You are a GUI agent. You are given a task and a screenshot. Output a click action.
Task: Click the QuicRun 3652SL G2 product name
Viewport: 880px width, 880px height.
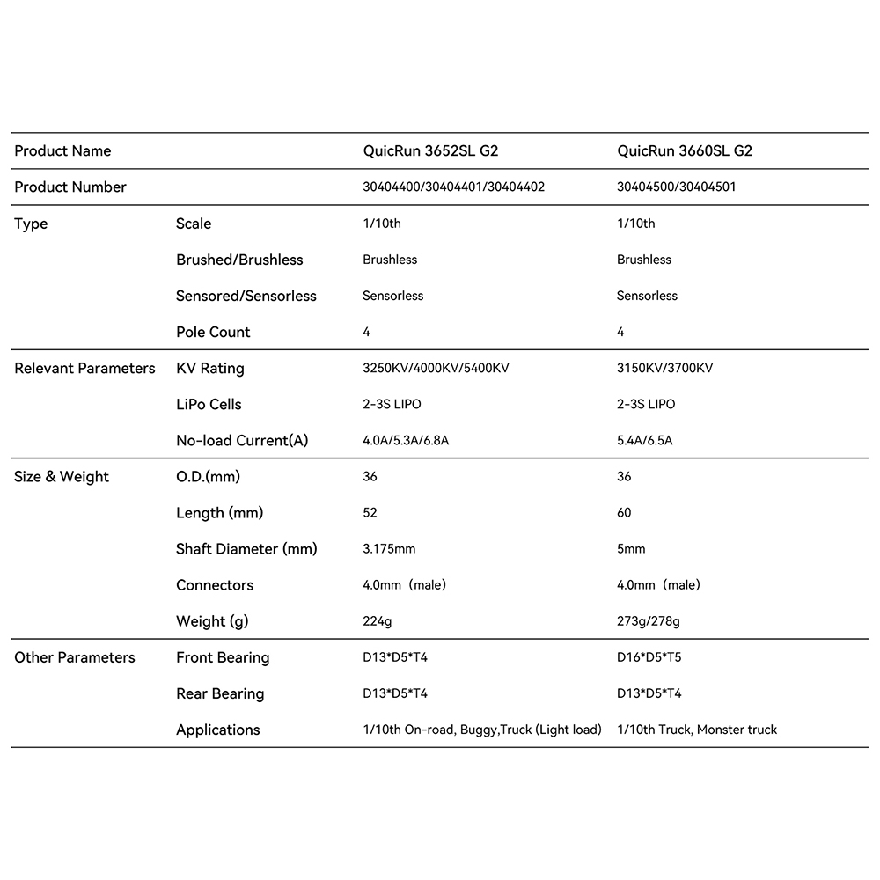click(x=430, y=150)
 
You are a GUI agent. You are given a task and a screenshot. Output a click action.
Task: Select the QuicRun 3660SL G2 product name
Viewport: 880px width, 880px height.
click(x=685, y=150)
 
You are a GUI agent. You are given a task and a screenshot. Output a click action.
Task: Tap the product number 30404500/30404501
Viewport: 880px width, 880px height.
click(x=677, y=187)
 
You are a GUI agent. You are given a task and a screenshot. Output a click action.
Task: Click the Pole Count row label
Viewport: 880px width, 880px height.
click(x=213, y=332)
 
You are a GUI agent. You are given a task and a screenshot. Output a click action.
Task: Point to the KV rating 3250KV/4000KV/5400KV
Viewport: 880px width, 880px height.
click(x=436, y=368)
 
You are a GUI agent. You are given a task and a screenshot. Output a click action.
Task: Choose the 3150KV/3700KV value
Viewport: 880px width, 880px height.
click(x=664, y=368)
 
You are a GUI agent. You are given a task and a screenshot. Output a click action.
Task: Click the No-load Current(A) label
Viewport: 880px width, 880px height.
click(x=242, y=440)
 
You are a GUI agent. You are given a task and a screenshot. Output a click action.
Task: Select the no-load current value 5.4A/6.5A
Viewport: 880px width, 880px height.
click(x=644, y=440)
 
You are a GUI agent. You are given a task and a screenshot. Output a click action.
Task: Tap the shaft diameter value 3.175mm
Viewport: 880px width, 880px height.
click(x=389, y=549)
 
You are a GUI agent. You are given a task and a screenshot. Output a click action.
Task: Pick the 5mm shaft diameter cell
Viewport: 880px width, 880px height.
click(x=631, y=549)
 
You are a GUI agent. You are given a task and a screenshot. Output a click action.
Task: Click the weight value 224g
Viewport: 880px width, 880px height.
click(x=377, y=621)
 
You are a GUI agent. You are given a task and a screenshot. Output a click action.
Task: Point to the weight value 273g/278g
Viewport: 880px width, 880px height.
click(x=649, y=621)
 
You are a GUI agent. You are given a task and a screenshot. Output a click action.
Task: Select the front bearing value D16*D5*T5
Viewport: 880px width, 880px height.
click(x=649, y=657)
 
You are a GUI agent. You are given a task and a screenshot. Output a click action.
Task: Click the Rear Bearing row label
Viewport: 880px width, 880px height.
click(x=220, y=693)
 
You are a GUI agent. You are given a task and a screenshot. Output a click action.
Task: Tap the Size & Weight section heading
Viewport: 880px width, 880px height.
click(x=62, y=477)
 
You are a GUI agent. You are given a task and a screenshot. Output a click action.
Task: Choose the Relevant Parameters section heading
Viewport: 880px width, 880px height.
click(x=84, y=368)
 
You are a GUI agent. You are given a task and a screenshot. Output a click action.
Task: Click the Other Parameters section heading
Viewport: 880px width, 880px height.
click(x=75, y=657)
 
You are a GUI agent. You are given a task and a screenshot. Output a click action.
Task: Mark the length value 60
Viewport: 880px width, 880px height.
click(x=624, y=513)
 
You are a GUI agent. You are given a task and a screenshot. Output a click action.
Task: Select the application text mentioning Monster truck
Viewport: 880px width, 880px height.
click(x=697, y=730)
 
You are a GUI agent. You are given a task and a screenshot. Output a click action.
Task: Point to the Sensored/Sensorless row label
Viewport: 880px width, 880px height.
click(x=246, y=296)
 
